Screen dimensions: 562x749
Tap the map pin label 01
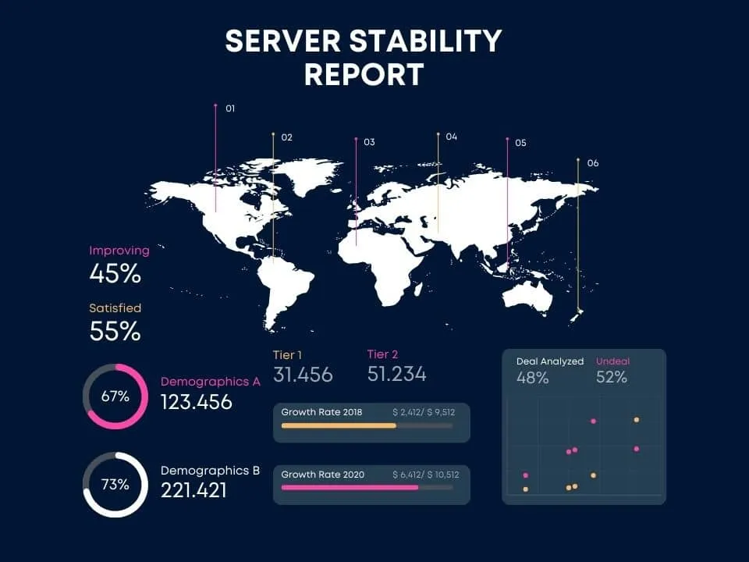[x=230, y=109]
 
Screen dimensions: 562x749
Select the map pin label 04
[x=452, y=137]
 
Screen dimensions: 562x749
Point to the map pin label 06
[x=593, y=163]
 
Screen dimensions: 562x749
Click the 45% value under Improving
[x=115, y=274]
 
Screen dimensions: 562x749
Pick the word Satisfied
[x=115, y=308]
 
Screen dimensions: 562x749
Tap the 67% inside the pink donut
[x=115, y=397]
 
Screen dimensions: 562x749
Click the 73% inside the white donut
[x=115, y=484]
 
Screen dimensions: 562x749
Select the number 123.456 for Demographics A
[x=197, y=403]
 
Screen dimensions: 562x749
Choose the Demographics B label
[x=210, y=471]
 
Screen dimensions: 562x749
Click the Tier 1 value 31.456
[x=303, y=375]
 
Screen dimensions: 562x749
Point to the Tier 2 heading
[x=382, y=355]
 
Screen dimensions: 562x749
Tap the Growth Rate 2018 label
[x=321, y=411]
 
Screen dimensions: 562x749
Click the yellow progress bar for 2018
[x=339, y=425]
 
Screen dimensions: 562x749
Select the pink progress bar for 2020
[x=350, y=487]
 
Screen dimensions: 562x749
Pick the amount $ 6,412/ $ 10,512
[x=425, y=474]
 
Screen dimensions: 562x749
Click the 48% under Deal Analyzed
[x=532, y=378]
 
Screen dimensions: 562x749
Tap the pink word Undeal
[x=612, y=361]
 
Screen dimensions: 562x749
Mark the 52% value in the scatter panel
[x=612, y=378]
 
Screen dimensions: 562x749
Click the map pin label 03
[x=369, y=142]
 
